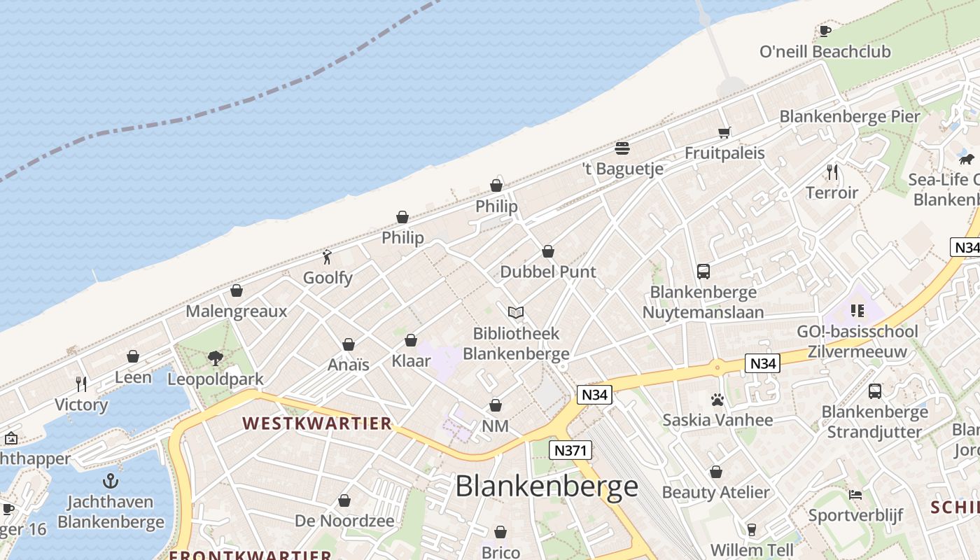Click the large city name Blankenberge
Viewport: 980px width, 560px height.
pos(547,486)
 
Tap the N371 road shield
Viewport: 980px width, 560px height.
pos(570,450)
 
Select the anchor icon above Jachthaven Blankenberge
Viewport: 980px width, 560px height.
pos(111,481)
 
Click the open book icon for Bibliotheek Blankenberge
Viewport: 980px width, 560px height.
pos(516,312)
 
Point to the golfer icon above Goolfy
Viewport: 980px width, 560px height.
pos(327,257)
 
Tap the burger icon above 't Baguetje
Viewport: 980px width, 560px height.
pos(622,148)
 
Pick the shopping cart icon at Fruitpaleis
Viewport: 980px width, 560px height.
pos(724,132)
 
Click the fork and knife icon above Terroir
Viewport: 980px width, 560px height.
pos(832,171)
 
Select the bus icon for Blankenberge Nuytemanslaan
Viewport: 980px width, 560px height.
pos(703,271)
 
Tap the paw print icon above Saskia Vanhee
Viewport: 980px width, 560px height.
pos(717,400)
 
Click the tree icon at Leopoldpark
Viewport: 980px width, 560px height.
pos(216,358)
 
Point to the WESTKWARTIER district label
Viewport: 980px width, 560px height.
pos(317,423)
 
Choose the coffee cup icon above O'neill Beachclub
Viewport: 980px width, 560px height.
pos(825,31)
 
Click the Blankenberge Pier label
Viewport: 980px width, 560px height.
pos(850,116)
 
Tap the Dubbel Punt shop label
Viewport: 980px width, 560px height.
pos(548,272)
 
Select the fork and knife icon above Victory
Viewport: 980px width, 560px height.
pos(81,384)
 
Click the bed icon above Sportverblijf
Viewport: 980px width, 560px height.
pos(855,495)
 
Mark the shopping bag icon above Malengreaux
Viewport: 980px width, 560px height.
pos(237,290)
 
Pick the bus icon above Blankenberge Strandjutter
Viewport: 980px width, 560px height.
pos(875,391)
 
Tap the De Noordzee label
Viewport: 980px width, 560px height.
pos(344,521)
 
